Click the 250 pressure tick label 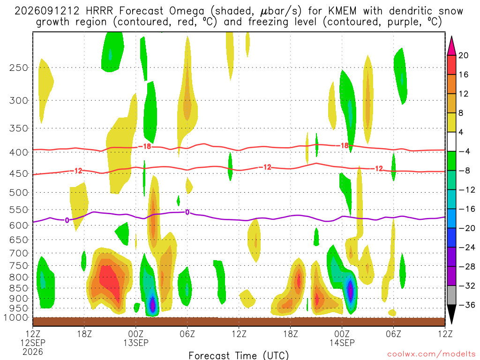click(x=19, y=67)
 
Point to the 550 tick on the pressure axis click(x=19, y=210)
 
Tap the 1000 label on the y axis click(x=16, y=318)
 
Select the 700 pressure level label click(x=19, y=253)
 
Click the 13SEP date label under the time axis click(x=136, y=343)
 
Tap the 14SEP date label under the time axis click(x=342, y=343)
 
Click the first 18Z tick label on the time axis click(x=84, y=334)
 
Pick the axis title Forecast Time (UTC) click(x=239, y=355)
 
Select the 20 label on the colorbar click(x=463, y=55)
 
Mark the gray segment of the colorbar click(x=451, y=295)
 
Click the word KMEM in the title click(x=342, y=11)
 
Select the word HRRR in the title click(x=99, y=11)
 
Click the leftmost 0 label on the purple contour click(x=67, y=220)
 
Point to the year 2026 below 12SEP click(x=33, y=352)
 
